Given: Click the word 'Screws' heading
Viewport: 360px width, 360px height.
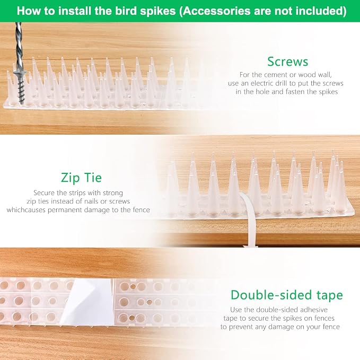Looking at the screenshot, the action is tap(287, 62).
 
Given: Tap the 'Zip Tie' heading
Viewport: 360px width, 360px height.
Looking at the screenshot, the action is tap(81, 178).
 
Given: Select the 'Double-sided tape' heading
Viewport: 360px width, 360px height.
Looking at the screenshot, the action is tap(287, 295).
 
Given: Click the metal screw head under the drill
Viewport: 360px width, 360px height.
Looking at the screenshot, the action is tap(20, 74).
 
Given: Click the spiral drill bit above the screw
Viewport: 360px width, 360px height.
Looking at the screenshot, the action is tap(19, 46).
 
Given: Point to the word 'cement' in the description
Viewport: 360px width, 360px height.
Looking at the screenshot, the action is tap(276, 75).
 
